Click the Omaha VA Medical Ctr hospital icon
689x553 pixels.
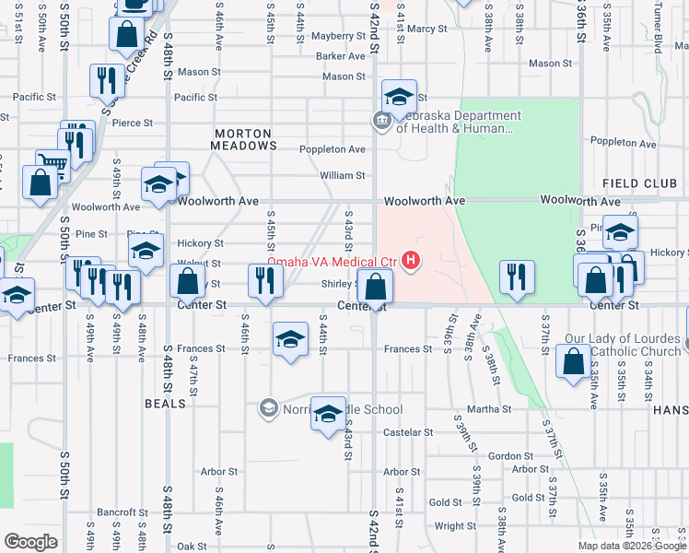click(x=411, y=263)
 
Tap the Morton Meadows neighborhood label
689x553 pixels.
click(x=244, y=139)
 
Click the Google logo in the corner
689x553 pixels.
click(x=30, y=542)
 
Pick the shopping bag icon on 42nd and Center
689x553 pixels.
click(x=375, y=288)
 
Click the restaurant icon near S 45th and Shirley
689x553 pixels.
click(x=266, y=282)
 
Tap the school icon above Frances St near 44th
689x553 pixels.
click(x=290, y=340)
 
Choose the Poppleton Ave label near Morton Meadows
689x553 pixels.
click(x=333, y=149)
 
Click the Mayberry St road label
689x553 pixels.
click(x=338, y=36)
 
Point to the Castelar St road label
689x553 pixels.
click(x=408, y=432)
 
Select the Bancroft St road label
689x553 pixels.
click(x=123, y=512)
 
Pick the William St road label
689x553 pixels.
click(x=342, y=175)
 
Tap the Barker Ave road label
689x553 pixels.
click(x=341, y=56)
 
